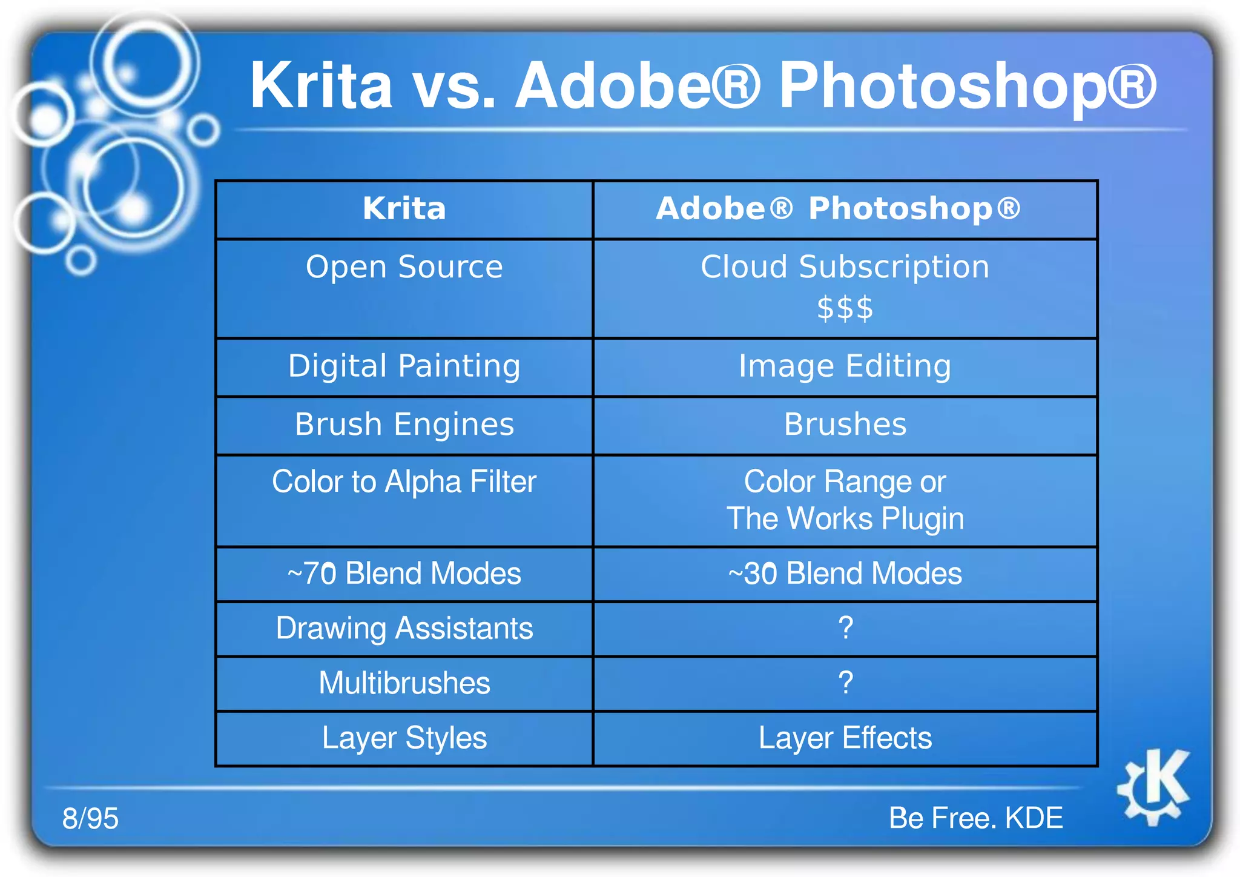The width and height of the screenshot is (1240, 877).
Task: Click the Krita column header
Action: point(404,209)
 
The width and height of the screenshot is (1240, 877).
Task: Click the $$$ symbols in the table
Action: point(845,309)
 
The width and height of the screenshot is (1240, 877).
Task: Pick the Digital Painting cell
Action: point(404,366)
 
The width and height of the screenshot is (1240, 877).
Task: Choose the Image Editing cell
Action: point(845,366)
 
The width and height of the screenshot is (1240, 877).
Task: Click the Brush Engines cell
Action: point(404,425)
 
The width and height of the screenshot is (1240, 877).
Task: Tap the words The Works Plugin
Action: point(845,519)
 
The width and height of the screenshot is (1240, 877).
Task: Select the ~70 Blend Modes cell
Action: point(404,574)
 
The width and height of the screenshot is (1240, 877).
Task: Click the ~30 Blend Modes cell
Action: point(845,574)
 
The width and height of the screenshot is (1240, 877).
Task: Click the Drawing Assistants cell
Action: point(404,628)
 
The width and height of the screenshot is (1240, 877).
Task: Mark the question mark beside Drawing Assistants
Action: point(846,628)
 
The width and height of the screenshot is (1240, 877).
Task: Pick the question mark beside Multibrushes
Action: point(846,683)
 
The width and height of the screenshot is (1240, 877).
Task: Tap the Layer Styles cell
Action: point(404,738)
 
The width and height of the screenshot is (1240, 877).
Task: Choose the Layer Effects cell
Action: point(845,738)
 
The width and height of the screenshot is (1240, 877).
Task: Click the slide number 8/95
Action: point(90,818)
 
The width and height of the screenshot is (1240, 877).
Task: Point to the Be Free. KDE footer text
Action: point(975,818)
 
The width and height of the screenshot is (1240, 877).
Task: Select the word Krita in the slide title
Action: point(321,86)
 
